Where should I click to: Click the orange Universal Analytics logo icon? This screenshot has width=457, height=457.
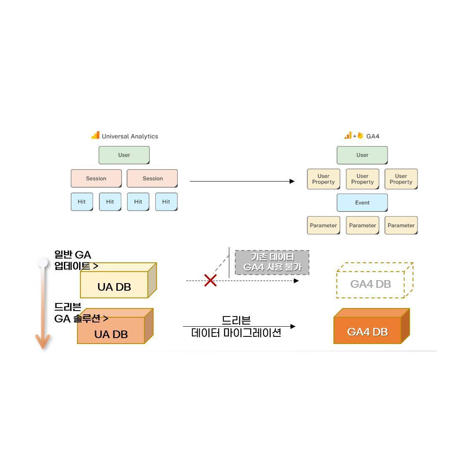(96, 136)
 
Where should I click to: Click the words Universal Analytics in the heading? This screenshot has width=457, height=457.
(130, 136)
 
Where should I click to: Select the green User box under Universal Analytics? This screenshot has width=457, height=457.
(124, 155)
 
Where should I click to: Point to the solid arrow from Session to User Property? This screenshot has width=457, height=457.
(241, 181)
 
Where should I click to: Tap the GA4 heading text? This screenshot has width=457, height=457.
(373, 136)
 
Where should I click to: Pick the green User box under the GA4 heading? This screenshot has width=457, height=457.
(362, 155)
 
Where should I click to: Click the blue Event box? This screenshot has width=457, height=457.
(362, 203)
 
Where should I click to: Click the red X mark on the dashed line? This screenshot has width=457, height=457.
(210, 280)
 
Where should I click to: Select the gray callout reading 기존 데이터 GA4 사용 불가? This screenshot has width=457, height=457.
(272, 262)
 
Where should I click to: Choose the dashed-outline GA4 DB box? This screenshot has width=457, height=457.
(371, 284)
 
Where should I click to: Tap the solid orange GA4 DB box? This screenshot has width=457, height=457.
(367, 331)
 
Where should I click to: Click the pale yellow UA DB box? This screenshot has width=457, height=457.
(114, 286)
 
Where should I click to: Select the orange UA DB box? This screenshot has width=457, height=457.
(111, 334)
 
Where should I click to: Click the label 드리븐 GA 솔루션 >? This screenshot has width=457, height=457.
(80, 313)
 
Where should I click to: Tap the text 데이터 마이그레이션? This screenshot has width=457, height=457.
(236, 333)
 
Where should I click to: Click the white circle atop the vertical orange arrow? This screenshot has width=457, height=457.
(43, 263)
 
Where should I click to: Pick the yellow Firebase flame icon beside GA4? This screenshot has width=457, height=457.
(360, 136)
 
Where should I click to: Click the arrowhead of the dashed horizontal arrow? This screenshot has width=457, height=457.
(296, 281)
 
